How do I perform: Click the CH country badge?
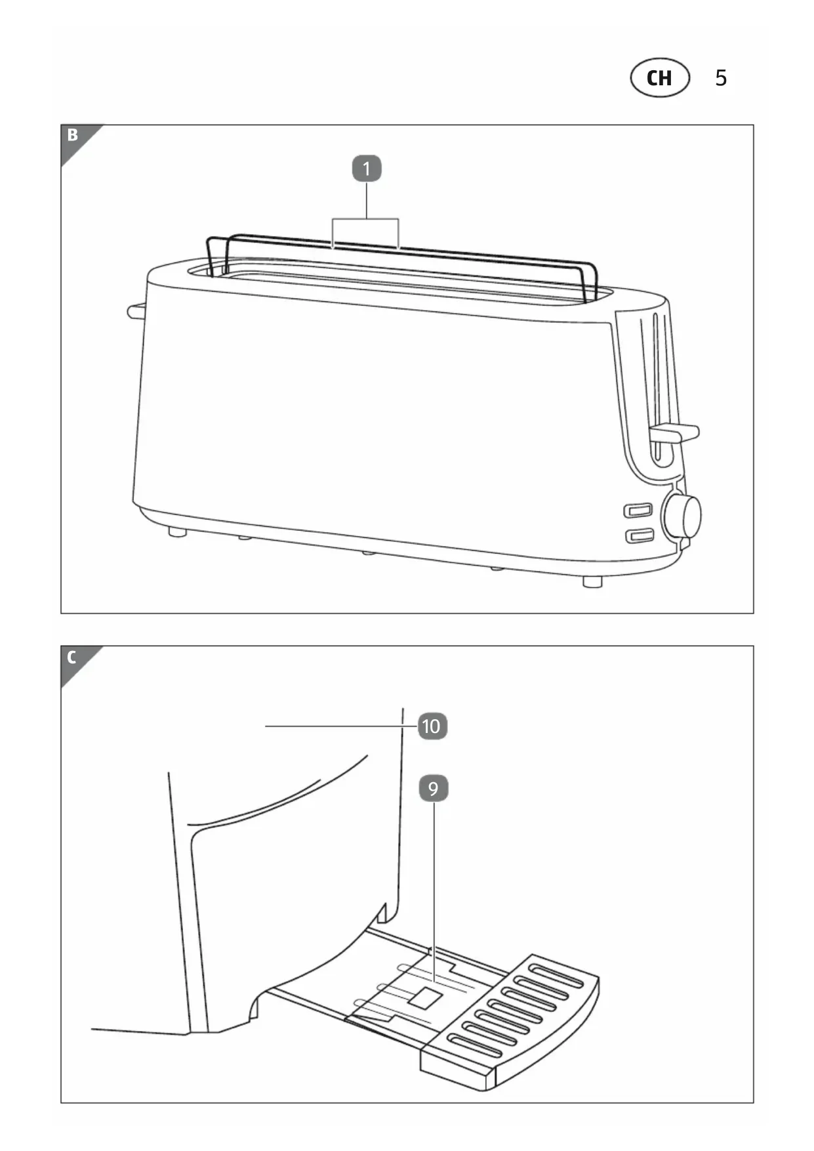660,78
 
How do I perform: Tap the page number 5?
721,78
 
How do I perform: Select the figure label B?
72,135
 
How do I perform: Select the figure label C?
72,657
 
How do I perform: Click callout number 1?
367,169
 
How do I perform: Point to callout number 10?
432,726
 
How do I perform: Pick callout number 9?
433,788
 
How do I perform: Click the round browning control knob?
683,515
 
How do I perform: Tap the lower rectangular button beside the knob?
639,535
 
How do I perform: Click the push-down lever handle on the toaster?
674,432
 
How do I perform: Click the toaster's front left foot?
176,532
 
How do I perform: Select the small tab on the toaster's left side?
136,310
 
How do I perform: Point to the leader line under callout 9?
434,892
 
